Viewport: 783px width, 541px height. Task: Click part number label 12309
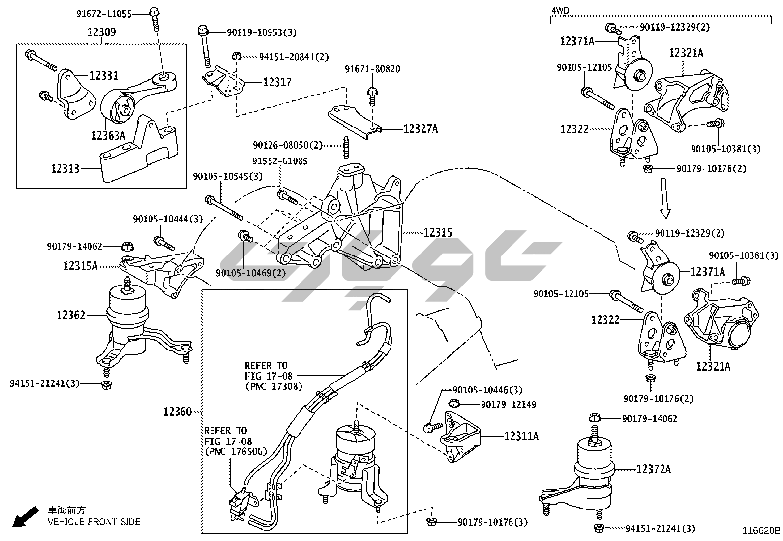tap(102, 32)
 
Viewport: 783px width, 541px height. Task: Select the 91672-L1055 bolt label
tap(104, 14)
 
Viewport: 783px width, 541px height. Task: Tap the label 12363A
tap(108, 135)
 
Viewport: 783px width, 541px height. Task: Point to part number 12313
tap(65, 169)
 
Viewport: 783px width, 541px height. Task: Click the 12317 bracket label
tap(277, 82)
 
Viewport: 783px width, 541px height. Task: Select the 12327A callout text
tap(421, 129)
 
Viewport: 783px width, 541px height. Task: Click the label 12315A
tap(80, 266)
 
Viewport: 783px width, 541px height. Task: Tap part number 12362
tap(71, 315)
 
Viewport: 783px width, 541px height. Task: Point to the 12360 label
tap(178, 411)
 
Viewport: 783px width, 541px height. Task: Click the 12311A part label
tap(521, 436)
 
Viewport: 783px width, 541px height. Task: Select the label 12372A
tap(654, 469)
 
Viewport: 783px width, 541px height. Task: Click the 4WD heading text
tap(560, 10)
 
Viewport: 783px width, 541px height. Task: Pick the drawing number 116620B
tap(761, 531)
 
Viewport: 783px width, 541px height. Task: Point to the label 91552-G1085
tap(279, 161)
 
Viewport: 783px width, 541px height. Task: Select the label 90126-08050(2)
tap(288, 145)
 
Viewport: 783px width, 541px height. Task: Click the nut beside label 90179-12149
tap(455, 404)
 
